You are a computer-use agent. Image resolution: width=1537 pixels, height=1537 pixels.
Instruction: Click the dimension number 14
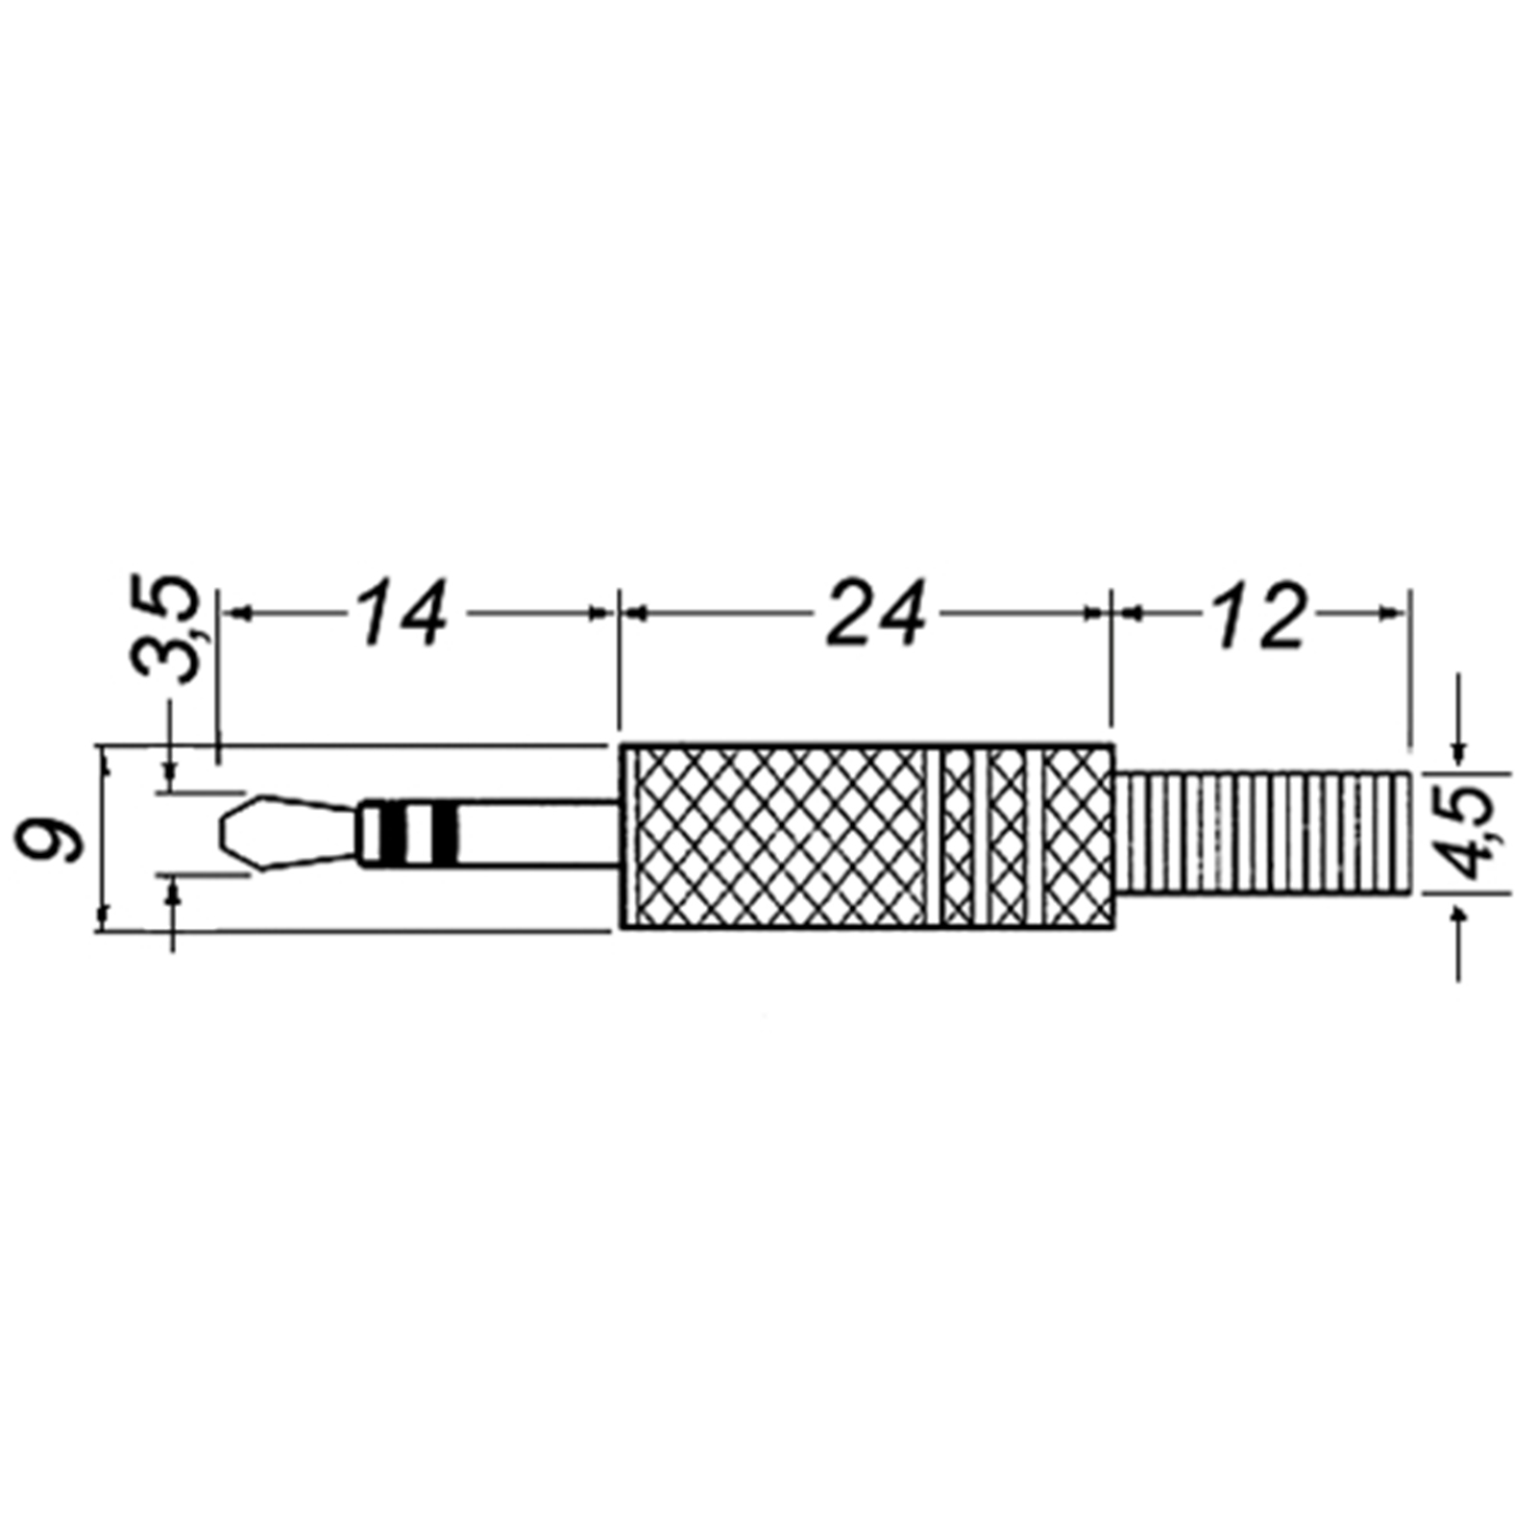401,614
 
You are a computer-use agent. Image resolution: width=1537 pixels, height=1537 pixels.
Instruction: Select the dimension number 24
876,614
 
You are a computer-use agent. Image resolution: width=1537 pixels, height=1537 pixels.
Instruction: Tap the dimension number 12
1258,614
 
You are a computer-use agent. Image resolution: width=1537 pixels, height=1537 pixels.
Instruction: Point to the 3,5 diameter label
165,629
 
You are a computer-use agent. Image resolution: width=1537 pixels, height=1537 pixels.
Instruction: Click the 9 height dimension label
52,837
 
